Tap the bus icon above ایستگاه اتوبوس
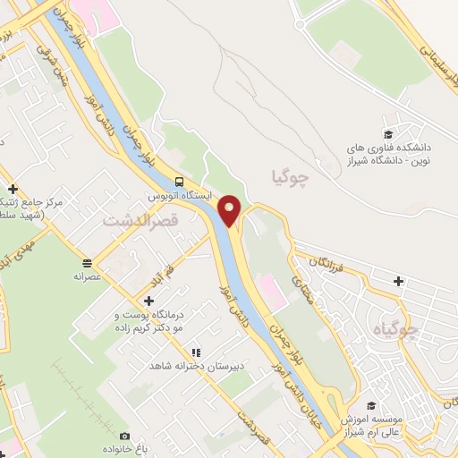click(181, 178)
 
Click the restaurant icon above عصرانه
click(88, 263)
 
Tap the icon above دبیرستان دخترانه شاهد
click(196, 352)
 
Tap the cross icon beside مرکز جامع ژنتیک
click(13, 189)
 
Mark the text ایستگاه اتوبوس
click(180, 192)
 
